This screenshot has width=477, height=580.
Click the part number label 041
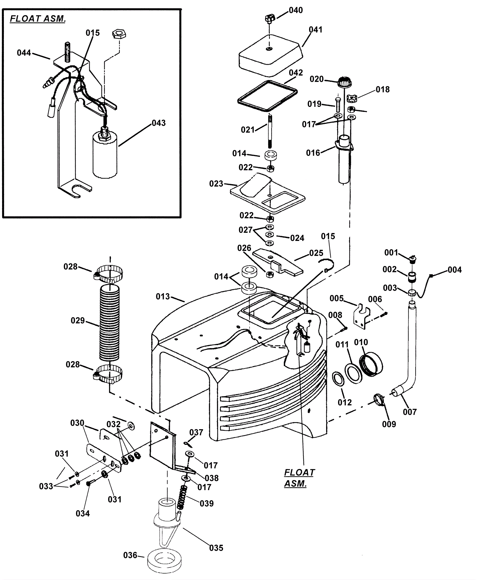(x=315, y=30)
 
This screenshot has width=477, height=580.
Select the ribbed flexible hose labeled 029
(x=109, y=322)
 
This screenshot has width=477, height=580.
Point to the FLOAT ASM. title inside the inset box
(x=38, y=19)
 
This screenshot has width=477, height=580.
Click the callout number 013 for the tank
(x=162, y=296)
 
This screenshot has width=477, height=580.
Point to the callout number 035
(x=216, y=548)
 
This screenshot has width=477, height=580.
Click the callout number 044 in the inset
(x=24, y=53)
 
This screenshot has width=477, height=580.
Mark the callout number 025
(x=316, y=253)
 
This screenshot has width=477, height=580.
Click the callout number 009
(x=389, y=424)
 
